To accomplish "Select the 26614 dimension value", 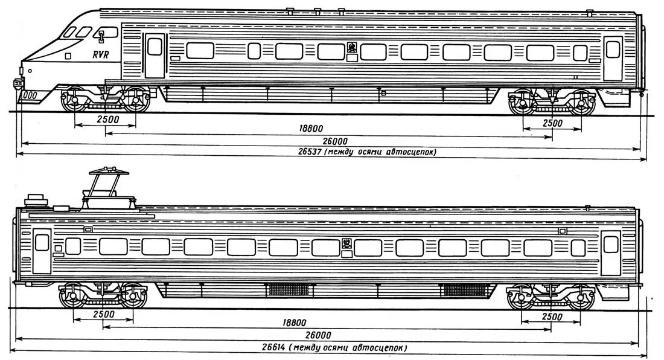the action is pos(273,347).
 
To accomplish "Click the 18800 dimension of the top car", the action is pos(310,128).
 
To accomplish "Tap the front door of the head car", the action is pos(155,56).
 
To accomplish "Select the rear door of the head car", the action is pos(613,58).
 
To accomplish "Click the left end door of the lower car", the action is pos(42,251).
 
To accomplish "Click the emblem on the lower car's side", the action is pos(346,245).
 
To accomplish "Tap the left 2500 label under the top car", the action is pos(107,120).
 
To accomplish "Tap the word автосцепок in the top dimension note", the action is pos(412,152).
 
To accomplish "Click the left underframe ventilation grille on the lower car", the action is pos(287,289).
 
